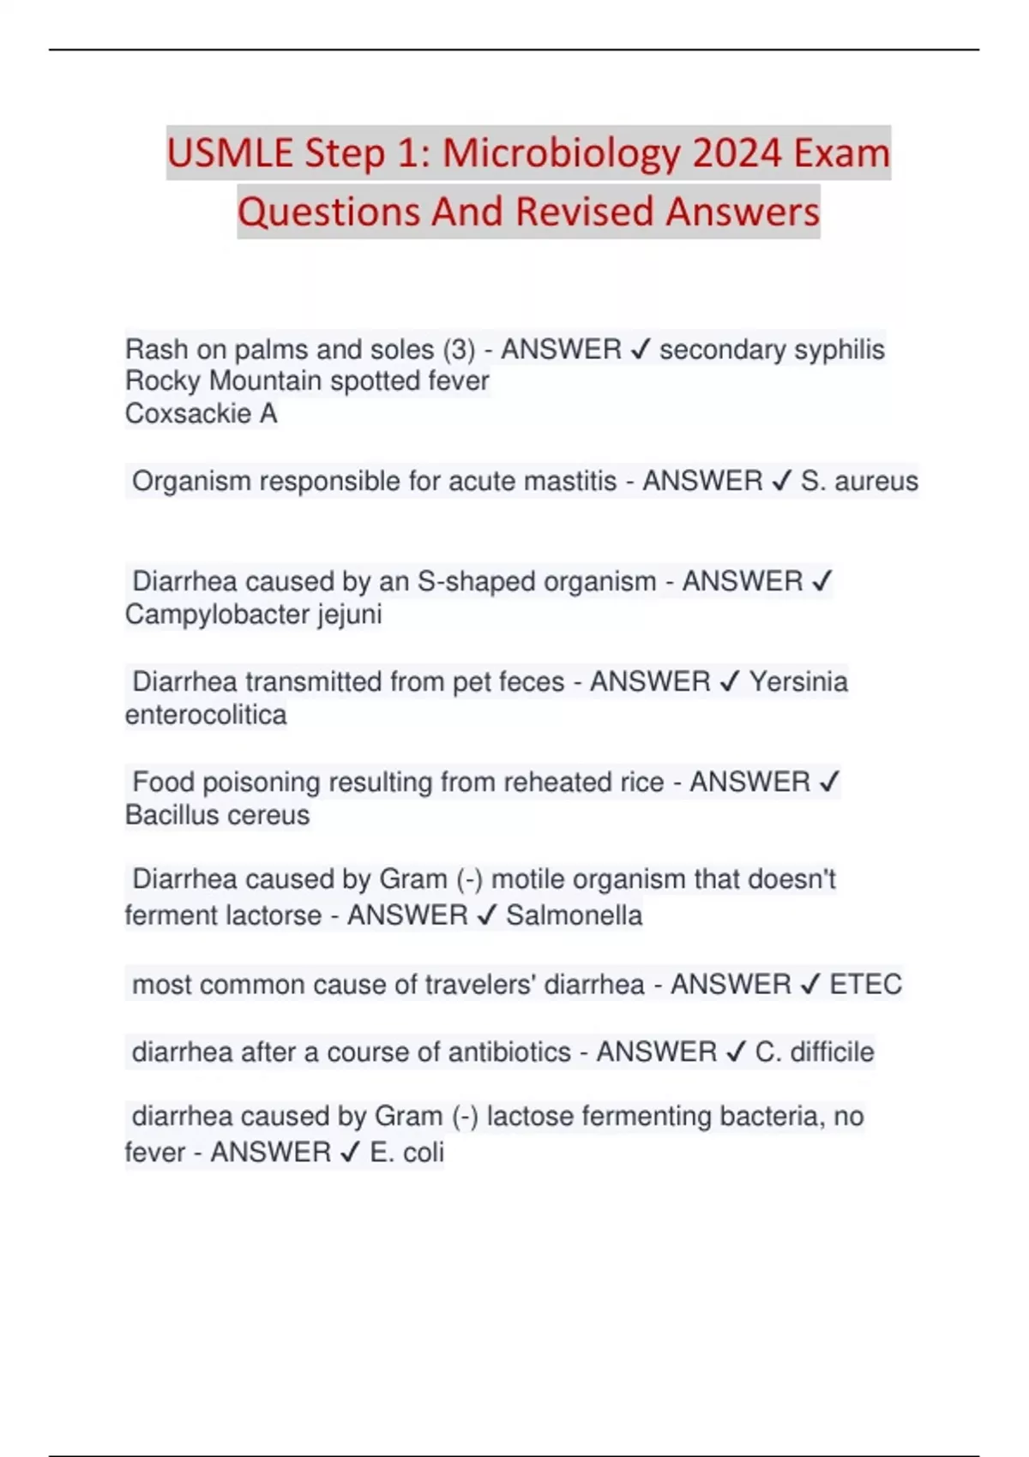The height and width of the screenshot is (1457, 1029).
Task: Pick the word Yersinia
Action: pos(798,682)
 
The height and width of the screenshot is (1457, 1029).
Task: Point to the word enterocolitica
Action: pos(206,715)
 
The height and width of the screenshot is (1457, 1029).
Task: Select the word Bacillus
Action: pos(176,815)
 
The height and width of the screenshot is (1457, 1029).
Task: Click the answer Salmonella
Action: pos(574,915)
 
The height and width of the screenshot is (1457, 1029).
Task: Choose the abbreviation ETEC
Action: pos(865,985)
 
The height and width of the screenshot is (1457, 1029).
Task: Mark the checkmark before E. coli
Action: pos(350,1153)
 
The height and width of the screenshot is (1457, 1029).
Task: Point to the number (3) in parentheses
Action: pos(459,350)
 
